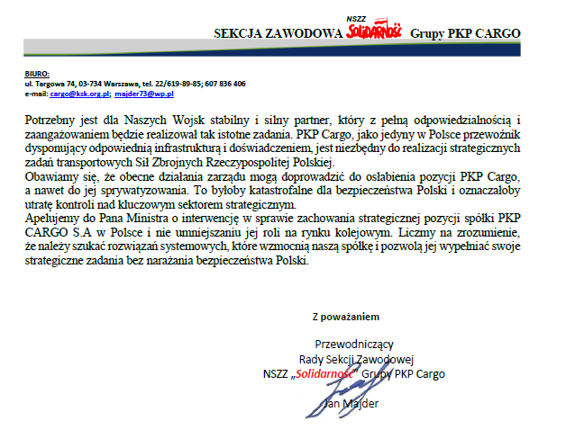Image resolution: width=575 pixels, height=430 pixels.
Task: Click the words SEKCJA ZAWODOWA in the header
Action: (278, 33)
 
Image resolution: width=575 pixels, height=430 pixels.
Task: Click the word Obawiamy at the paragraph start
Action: (53, 176)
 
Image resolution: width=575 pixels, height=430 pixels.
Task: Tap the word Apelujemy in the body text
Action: (54, 219)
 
